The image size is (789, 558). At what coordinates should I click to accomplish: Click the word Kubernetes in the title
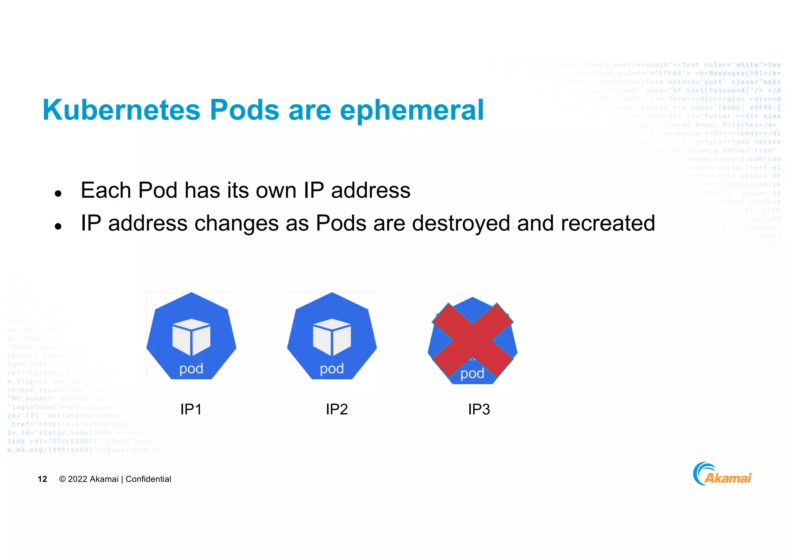coord(121,110)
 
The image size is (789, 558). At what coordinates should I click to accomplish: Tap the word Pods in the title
coord(244,110)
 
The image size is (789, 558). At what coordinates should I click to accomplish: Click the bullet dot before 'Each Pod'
coord(58,193)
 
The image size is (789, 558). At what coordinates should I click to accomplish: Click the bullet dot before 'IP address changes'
coord(58,227)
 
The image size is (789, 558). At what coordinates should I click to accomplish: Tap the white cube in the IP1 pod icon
coord(191,336)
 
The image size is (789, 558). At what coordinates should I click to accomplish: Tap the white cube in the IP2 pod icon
coord(332,336)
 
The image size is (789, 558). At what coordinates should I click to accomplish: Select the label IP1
coord(191,409)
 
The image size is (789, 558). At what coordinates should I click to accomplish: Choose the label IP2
coord(337,409)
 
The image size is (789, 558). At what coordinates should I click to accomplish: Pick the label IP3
coord(479,409)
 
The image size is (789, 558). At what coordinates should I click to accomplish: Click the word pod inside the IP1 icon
coord(191,369)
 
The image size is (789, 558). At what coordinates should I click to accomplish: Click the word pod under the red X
coord(472,374)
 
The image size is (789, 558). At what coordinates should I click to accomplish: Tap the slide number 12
coord(42,479)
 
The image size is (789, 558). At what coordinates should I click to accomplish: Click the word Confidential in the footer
coord(148,479)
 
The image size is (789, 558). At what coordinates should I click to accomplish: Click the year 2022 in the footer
coord(77,479)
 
